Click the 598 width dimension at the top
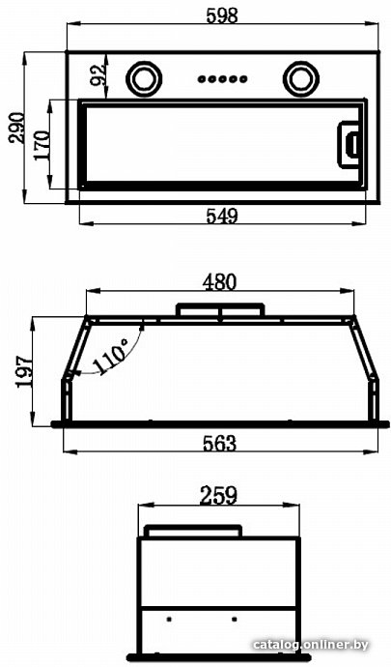coord(222,15)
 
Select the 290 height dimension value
coord(18,128)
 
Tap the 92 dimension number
coord(98,74)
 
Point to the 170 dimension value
coord(42,145)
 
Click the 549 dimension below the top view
coord(222,217)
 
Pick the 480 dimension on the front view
coord(219,283)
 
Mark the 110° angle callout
coord(111,355)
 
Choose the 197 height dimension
coord(25,371)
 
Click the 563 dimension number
coord(219,444)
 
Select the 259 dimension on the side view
coord(218,496)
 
